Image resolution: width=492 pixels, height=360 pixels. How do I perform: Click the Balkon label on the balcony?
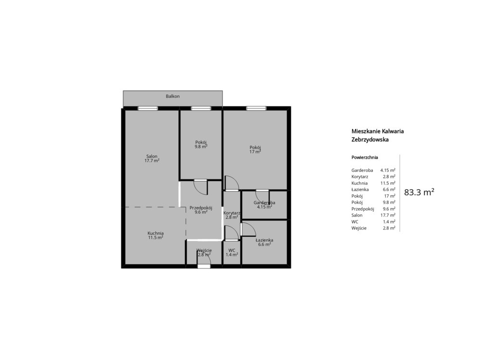[172, 96]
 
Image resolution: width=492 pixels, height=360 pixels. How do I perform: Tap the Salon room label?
[152, 156]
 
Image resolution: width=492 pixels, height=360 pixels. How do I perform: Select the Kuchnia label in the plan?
[156, 233]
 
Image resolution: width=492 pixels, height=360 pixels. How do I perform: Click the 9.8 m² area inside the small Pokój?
[201, 146]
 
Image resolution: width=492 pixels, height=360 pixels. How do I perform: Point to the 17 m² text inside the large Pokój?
[255, 152]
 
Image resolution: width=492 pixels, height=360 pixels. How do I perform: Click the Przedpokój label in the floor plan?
[201, 207]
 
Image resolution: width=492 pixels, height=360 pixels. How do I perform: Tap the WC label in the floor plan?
[232, 250]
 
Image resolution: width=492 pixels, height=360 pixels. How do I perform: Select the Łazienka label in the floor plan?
[264, 240]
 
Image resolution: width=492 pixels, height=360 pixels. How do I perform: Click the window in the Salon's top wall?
[148, 108]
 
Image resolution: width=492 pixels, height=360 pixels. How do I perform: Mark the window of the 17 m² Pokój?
[256, 108]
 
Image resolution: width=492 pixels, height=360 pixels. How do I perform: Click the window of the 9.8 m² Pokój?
[201, 108]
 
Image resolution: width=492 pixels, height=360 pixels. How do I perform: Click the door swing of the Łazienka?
[248, 229]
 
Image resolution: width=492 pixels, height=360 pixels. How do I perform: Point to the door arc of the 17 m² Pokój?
[232, 183]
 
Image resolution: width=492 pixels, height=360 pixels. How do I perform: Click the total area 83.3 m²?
[419, 192]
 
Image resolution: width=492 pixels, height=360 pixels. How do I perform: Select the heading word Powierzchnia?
[365, 157]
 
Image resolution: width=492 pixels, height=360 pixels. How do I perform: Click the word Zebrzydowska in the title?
[370, 140]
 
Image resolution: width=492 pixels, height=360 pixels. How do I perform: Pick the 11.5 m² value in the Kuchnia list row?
[388, 183]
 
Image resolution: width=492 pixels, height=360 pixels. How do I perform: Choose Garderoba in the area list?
[362, 170]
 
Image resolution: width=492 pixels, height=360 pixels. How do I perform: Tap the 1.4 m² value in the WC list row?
[389, 222]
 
